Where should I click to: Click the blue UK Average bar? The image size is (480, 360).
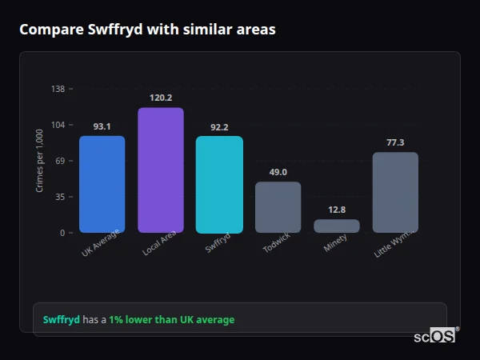point(102,184)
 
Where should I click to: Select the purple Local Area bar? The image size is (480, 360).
point(161,170)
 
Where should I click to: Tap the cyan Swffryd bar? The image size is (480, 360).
point(219,184)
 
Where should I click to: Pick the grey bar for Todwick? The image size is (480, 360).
point(278,207)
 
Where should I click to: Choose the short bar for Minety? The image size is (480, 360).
point(337,226)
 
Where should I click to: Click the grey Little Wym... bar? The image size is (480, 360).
point(395,192)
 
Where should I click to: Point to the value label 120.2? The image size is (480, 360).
point(161,98)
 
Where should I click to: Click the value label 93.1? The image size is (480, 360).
point(102,126)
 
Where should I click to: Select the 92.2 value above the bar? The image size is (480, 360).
point(219,126)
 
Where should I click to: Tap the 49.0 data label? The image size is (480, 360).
point(278,172)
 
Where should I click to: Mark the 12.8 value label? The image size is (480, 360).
point(337,210)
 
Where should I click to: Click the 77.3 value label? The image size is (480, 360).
point(395,142)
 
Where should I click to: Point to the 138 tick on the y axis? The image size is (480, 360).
point(58,89)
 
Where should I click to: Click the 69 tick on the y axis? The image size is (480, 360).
point(59,161)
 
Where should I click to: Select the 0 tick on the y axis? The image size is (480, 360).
point(62,233)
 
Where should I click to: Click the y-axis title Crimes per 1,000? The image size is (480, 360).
point(40,161)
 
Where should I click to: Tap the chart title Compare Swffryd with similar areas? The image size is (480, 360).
point(148,30)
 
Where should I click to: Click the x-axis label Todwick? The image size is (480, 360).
point(277,244)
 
